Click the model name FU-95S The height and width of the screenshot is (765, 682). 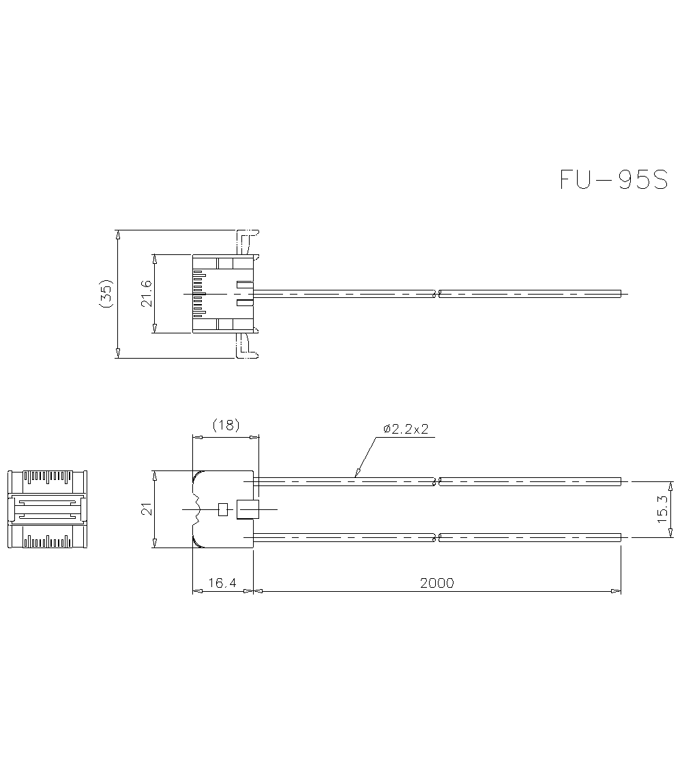(613, 179)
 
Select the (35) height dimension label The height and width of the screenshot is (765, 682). (106, 293)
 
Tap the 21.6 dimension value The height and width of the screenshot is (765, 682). (147, 293)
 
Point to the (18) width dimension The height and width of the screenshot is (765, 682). (226, 425)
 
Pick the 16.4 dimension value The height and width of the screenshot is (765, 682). (222, 583)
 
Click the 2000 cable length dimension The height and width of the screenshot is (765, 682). (436, 583)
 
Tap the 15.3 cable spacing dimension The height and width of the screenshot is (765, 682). (662, 509)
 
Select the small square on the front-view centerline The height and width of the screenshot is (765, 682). (222, 509)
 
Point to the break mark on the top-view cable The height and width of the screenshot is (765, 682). (436, 294)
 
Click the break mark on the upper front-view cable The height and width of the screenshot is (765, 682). (436, 481)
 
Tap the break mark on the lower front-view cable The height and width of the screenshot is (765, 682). (436, 537)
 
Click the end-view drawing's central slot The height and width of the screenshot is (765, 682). (47, 509)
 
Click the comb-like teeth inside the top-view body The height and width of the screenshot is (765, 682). (198, 294)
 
